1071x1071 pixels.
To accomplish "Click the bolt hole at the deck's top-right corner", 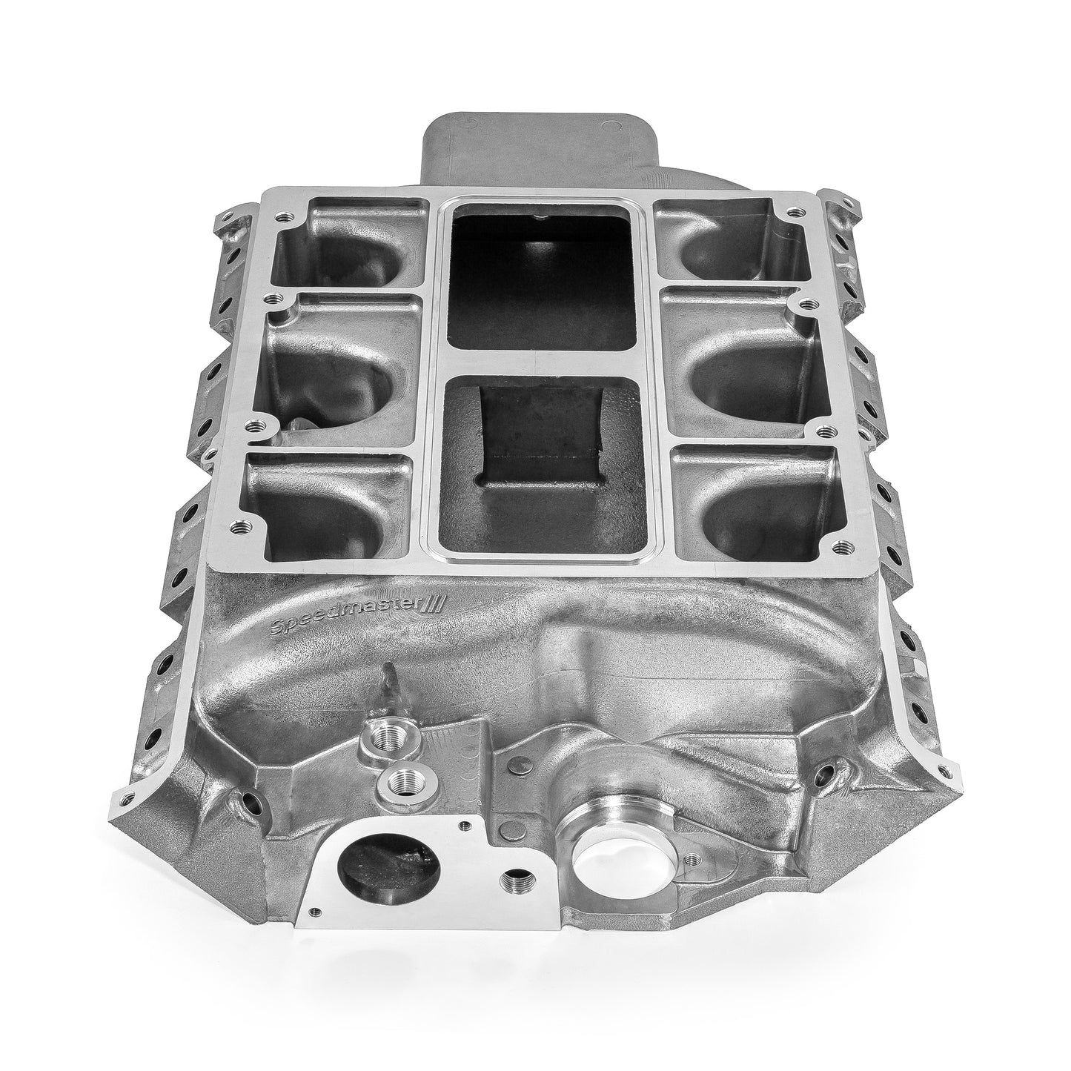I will (x=796, y=213).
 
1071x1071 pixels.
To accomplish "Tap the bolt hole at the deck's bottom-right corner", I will (x=840, y=547).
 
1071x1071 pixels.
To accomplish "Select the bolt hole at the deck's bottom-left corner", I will (x=239, y=528).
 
